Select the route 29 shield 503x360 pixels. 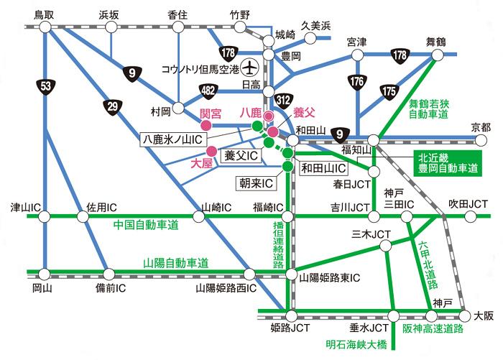tap(112, 107)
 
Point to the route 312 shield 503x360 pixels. tap(282, 100)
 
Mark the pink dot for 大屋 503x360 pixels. tap(212, 151)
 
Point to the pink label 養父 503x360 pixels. tap(303, 112)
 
